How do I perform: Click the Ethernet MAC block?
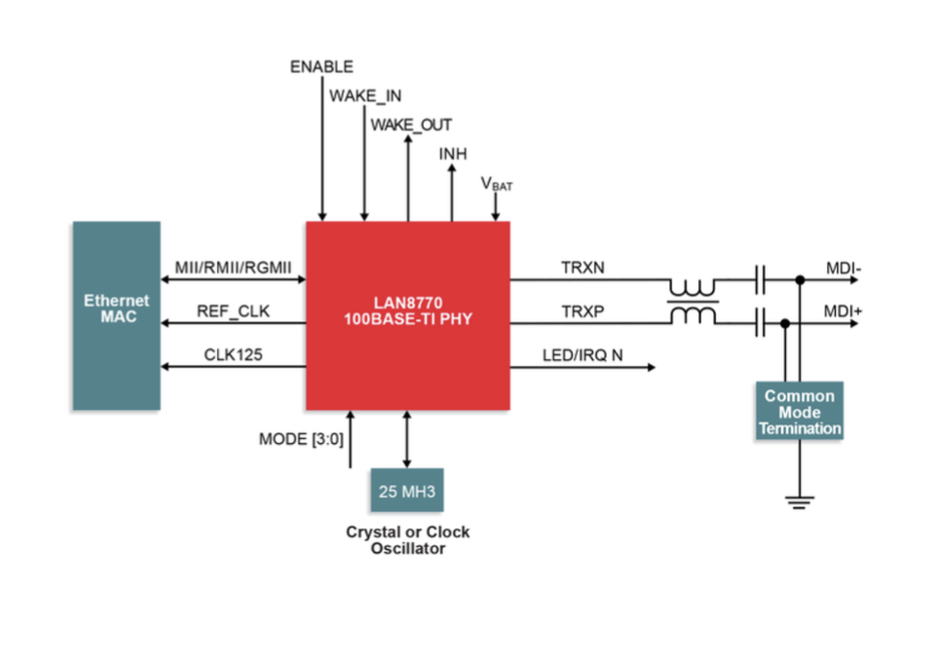(x=116, y=315)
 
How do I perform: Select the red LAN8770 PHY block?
(x=407, y=314)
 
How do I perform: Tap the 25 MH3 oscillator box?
(x=406, y=490)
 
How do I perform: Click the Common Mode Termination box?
(x=799, y=411)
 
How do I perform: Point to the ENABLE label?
(x=321, y=67)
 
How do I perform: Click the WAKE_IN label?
(x=365, y=96)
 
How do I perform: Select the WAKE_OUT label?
(x=411, y=126)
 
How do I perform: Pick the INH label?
(x=453, y=154)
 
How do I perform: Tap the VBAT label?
(x=496, y=184)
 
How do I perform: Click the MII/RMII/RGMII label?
(x=234, y=267)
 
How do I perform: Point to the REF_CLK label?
(x=234, y=312)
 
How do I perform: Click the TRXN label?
(x=583, y=267)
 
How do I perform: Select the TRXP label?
(x=583, y=312)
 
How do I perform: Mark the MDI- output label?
(x=844, y=267)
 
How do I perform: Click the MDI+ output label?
(x=845, y=312)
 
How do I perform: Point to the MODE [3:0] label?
(x=301, y=439)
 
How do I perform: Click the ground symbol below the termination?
(x=800, y=502)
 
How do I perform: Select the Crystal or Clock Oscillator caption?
(x=407, y=540)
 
